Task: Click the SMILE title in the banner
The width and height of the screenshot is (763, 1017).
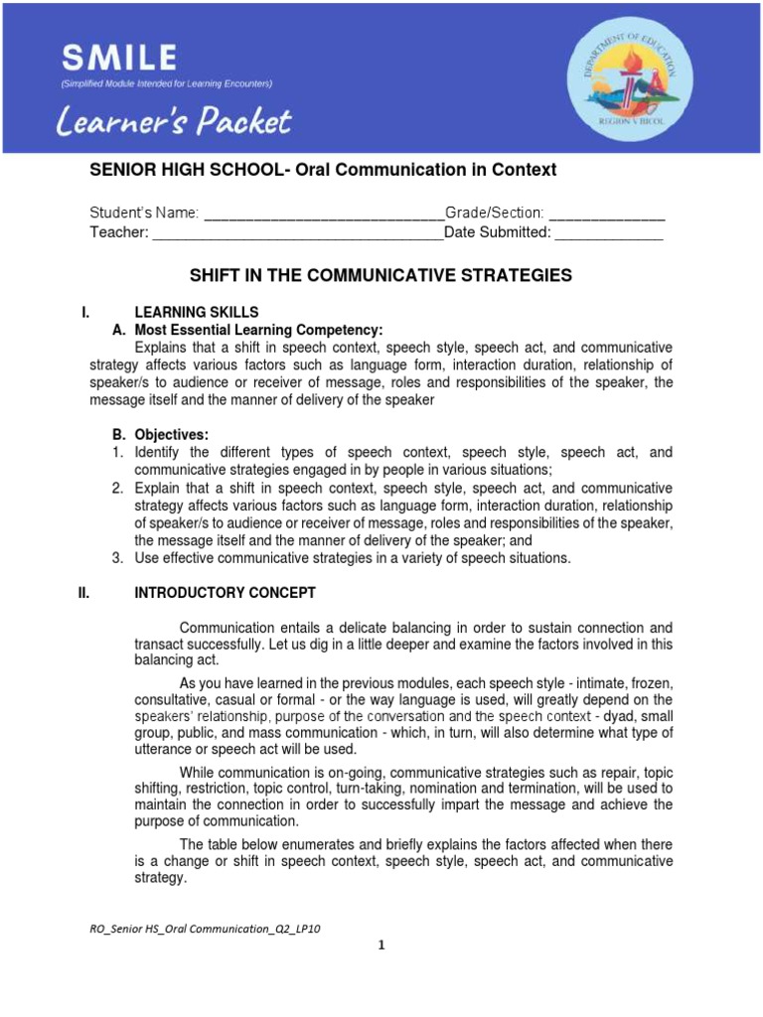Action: [118, 56]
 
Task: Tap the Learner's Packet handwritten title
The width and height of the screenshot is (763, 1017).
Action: [174, 123]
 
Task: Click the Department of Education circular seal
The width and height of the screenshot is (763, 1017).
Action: [624, 77]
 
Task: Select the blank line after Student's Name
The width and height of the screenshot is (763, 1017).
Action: [324, 213]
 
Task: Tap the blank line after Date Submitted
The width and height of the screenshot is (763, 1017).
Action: [608, 232]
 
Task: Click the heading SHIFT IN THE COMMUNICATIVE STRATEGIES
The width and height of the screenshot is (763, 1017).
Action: [381, 275]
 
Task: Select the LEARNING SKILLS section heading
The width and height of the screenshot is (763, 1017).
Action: [197, 312]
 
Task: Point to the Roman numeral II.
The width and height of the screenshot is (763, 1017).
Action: [84, 593]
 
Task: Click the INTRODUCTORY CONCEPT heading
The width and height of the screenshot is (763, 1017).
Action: [226, 593]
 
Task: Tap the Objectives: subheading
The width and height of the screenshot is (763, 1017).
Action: [171, 435]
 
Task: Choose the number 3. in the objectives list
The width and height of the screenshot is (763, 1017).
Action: [116, 558]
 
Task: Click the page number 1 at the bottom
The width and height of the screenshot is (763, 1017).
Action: [381, 945]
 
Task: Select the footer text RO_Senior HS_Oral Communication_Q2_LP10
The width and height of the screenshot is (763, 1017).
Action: [206, 929]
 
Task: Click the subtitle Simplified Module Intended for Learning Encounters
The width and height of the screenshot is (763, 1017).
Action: [166, 83]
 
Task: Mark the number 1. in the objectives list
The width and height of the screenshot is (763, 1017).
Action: [116, 453]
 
